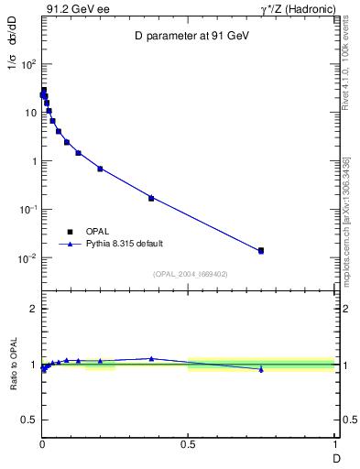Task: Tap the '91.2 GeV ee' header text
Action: [x=72, y=8]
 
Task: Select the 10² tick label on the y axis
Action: [x=28, y=64]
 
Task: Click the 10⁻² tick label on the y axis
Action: [x=28, y=258]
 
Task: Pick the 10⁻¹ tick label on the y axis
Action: [x=28, y=210]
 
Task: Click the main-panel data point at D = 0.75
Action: [x=261, y=250]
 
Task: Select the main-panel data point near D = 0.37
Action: [x=151, y=198]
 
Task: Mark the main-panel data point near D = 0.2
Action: [x=100, y=169]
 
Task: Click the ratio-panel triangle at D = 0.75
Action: [x=261, y=369]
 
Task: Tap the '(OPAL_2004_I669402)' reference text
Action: [x=190, y=274]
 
